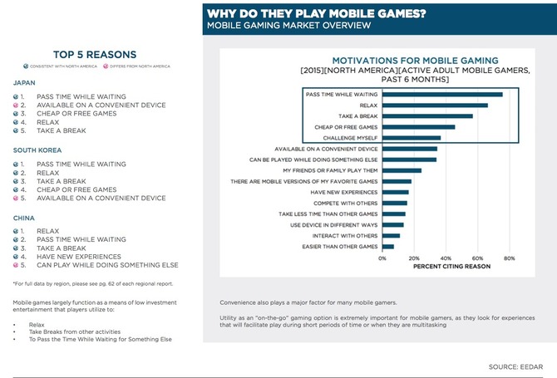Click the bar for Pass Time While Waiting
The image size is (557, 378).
point(442,95)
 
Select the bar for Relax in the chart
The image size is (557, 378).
point(435,106)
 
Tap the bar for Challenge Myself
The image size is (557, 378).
point(412,138)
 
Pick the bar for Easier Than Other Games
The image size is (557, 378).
point(388,247)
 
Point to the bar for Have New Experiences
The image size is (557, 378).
point(396,192)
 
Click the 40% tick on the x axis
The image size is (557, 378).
point(446,258)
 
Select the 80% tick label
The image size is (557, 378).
point(510,258)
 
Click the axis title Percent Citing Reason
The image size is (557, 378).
point(446,267)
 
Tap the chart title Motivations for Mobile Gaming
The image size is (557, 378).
point(415,61)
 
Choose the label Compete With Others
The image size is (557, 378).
point(343,203)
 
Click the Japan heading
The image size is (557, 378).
point(25,83)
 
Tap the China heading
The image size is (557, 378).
point(24,218)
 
